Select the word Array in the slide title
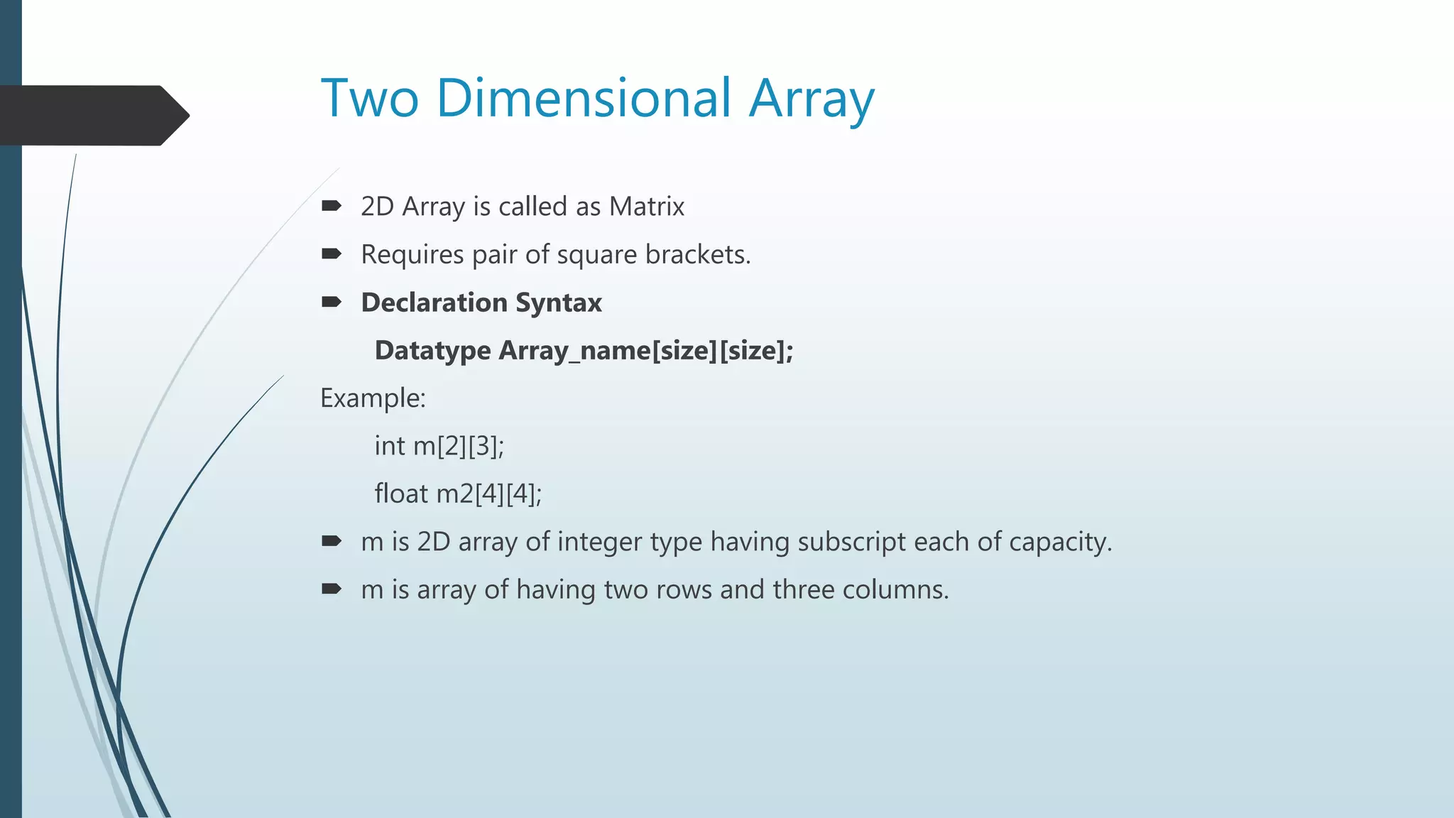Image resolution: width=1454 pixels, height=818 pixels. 811,99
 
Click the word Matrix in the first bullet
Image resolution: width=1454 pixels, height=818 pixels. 646,207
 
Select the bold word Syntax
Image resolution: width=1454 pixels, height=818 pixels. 559,303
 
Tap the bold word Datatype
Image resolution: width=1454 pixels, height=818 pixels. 432,351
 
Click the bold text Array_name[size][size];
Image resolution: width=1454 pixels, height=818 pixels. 646,351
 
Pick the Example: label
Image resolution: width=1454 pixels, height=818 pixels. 373,398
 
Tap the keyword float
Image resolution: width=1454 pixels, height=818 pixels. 401,493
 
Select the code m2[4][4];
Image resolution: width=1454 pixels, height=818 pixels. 488,493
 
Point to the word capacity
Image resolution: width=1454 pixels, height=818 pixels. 1059,542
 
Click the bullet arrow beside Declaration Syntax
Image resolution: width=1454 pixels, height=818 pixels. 332,302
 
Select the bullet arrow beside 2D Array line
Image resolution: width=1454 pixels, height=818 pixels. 332,206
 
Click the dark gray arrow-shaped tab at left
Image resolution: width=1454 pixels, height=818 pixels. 92,115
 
